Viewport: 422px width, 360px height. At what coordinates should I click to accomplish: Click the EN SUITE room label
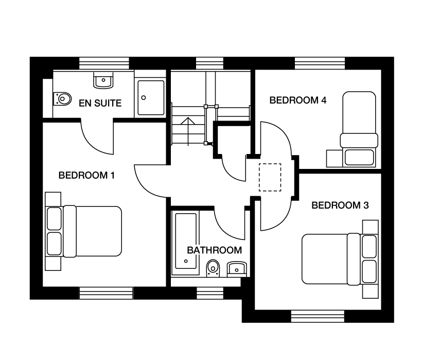point(100,103)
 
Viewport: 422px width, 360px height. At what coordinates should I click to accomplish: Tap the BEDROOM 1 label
point(86,176)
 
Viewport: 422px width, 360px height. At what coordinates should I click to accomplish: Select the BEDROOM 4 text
point(298,100)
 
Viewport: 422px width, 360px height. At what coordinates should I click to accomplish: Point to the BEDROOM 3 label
point(340,205)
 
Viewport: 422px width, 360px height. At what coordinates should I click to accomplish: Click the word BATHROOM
point(215,250)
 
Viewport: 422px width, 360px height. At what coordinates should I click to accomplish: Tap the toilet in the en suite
point(62,99)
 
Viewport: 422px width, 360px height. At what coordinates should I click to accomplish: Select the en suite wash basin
point(103,80)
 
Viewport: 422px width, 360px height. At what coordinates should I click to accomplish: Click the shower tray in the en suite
point(151,98)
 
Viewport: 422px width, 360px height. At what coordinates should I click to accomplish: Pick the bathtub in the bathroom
point(186,241)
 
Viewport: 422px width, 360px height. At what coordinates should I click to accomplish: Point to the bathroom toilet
point(213,268)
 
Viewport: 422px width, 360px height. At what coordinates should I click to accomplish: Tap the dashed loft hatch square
point(270,178)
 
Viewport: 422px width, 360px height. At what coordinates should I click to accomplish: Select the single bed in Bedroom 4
point(359,129)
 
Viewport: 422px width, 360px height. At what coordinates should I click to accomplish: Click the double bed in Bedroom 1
point(84,231)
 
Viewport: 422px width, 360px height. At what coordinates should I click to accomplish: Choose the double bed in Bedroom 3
point(340,259)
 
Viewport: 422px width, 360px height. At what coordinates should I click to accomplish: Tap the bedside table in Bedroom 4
point(335,159)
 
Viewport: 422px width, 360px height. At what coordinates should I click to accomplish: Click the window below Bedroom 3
point(318,316)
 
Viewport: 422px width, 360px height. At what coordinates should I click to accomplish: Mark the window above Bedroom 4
point(320,63)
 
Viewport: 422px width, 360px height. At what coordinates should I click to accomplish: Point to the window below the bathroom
point(210,293)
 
